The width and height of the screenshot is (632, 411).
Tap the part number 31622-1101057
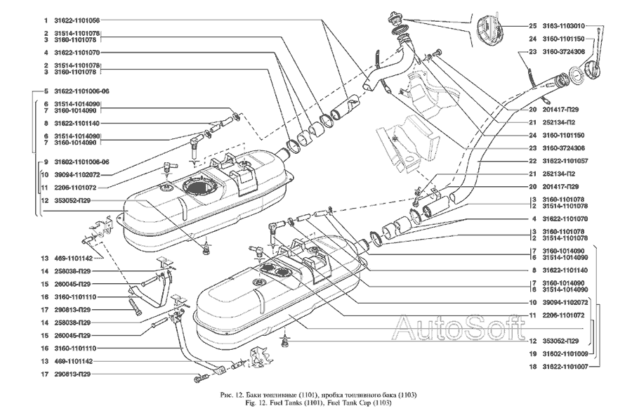[565, 161]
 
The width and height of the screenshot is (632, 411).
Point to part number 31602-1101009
[565, 353]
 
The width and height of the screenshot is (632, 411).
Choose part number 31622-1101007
[565, 366]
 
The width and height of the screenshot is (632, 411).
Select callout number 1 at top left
[44, 20]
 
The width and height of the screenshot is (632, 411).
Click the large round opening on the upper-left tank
[199, 187]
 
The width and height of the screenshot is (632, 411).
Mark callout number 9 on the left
[44, 160]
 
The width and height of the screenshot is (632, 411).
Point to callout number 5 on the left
[44, 91]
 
